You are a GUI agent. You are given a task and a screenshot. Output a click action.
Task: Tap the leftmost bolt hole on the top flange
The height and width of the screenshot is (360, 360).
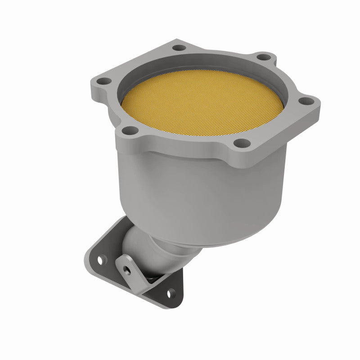104,81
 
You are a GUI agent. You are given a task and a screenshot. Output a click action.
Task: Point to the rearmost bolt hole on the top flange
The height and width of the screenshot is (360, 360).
179,47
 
